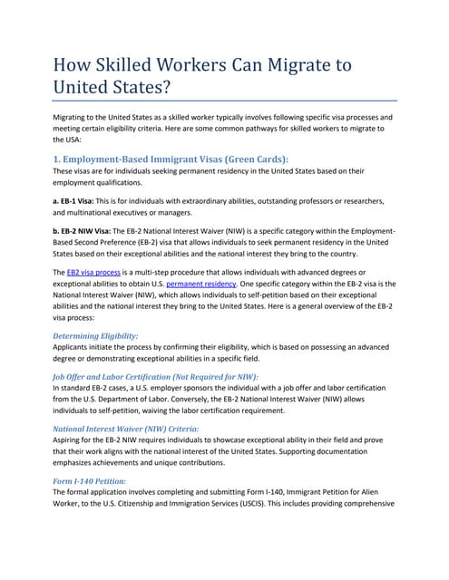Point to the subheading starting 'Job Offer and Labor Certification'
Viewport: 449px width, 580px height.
click(x=155, y=376)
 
